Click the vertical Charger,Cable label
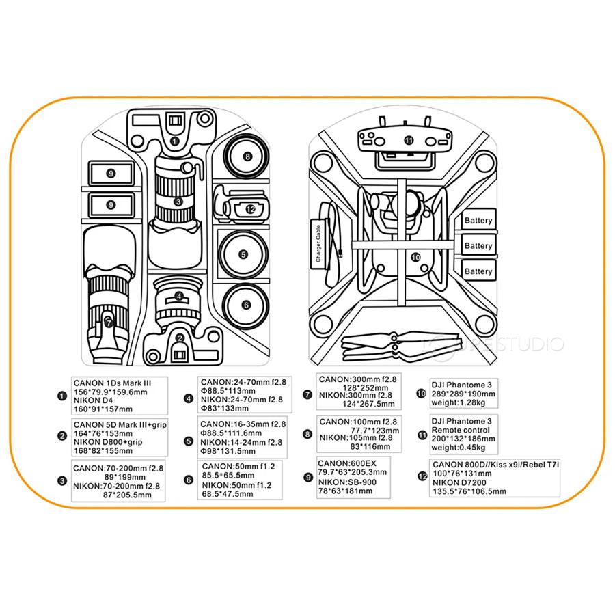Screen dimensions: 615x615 318,243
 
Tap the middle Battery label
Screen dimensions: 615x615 478,246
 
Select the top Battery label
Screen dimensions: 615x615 478,221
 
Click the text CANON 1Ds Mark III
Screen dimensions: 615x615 112,383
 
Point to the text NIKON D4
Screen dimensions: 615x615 93,400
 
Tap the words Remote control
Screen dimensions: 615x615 461,430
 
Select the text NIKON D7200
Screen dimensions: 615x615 459,482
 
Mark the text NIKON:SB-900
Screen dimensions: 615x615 347,482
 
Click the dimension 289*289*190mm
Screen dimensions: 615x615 463,394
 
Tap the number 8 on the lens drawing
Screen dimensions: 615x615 247,156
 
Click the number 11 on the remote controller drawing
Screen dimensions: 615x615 409,140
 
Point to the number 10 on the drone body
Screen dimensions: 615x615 415,258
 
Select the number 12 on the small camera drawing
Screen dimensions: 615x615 251,209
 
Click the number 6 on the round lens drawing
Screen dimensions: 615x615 246,305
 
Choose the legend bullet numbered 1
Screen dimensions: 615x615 62,396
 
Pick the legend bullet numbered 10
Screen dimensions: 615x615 421,394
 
